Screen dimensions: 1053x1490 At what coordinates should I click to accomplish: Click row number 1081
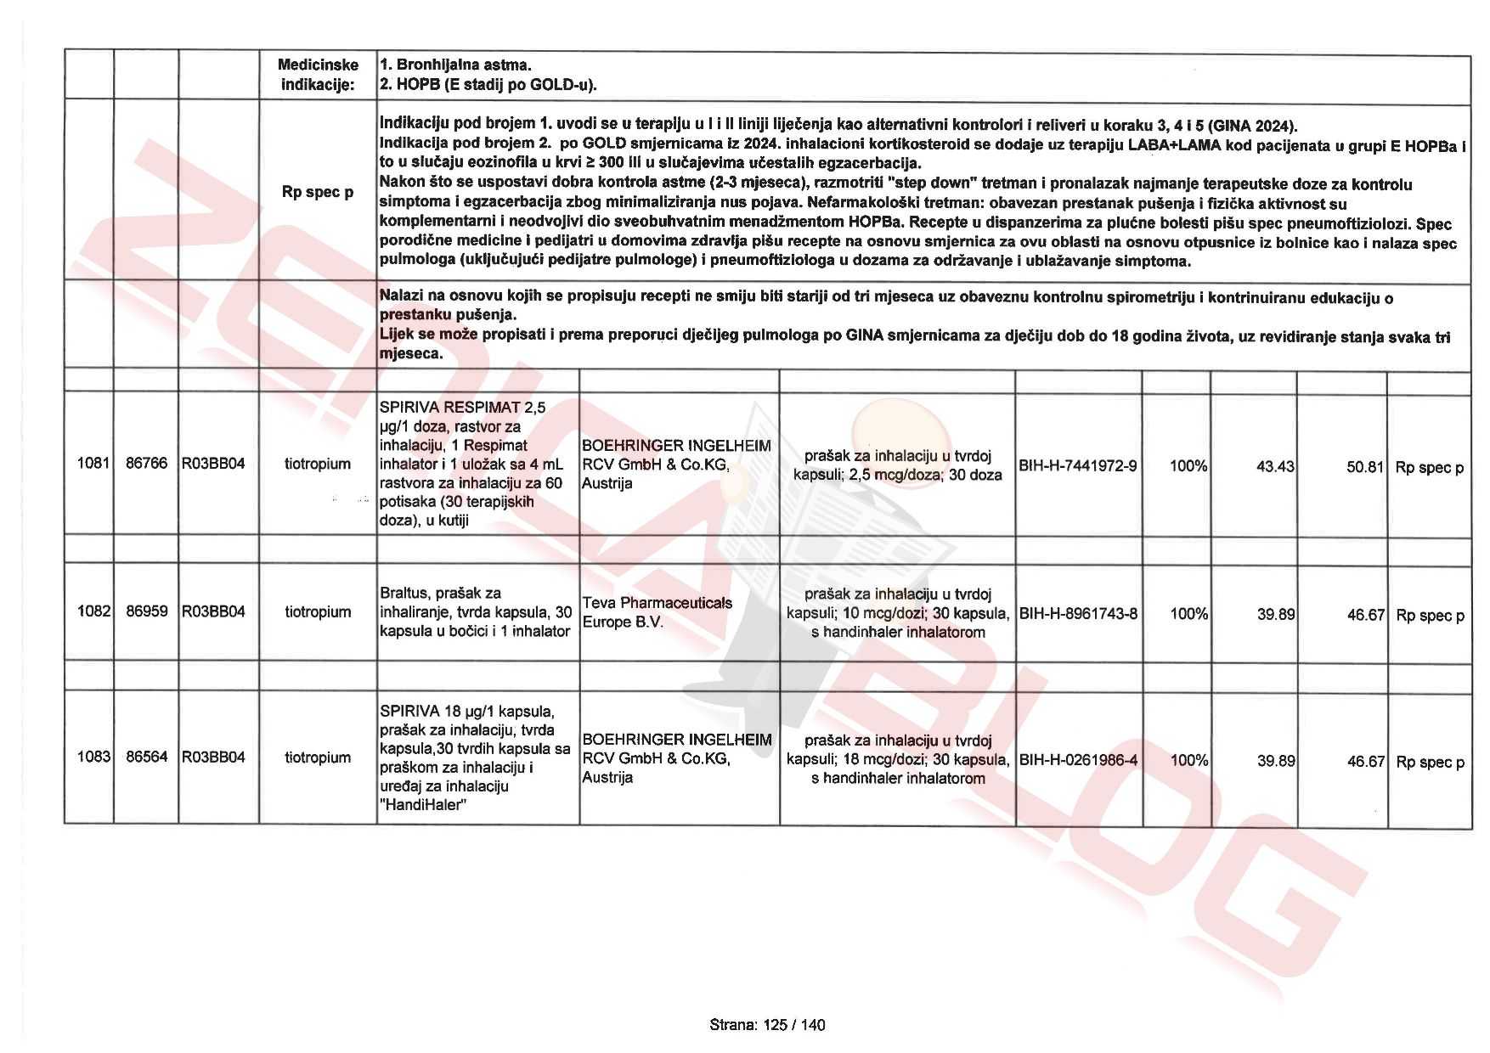[93, 464]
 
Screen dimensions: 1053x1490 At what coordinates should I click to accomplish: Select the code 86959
[147, 611]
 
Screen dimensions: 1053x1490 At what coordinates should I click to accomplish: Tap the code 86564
[147, 757]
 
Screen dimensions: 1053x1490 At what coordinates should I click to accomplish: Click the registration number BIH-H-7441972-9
[1078, 466]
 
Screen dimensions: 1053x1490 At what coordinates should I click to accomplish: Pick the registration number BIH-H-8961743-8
[1078, 613]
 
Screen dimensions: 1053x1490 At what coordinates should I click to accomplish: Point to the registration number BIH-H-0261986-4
[1078, 760]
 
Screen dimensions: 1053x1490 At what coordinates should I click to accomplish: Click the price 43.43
[1275, 466]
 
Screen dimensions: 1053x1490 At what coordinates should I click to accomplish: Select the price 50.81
[1365, 467]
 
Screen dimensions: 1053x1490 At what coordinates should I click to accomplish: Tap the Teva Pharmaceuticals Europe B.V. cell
[657, 612]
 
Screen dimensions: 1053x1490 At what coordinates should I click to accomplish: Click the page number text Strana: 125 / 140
[767, 1025]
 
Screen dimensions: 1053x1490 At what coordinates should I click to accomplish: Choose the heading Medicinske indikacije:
[319, 75]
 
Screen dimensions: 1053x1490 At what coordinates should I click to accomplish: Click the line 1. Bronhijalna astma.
[456, 65]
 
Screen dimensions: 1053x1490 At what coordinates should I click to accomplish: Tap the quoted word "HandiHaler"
[424, 805]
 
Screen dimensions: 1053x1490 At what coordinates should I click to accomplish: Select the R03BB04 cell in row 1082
[213, 611]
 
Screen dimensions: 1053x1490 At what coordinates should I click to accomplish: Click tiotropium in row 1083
[318, 757]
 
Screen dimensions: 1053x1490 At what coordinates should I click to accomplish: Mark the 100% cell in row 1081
[1188, 466]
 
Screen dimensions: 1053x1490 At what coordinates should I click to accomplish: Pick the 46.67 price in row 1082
[1365, 615]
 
